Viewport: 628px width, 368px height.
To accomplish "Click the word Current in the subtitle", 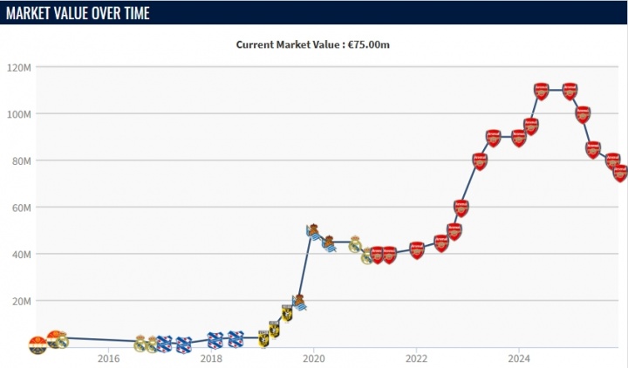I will [x=258, y=44].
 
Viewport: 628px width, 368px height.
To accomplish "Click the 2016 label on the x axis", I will [x=108, y=358].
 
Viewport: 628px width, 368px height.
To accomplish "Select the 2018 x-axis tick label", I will [x=211, y=358].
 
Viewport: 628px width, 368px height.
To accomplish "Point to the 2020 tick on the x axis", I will [x=314, y=358].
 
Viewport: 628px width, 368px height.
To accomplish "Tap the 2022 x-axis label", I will [x=416, y=358].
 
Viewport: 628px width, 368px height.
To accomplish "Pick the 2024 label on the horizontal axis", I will [x=519, y=358].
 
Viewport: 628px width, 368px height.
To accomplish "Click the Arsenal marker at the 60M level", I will [x=461, y=208].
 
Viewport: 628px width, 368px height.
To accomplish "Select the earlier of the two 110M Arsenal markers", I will [x=542, y=91].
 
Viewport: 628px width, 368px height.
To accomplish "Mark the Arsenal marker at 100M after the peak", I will [x=583, y=114].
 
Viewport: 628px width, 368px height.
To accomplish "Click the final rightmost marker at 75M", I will [x=620, y=173].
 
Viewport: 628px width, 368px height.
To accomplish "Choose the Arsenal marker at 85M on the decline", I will [x=593, y=149].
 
